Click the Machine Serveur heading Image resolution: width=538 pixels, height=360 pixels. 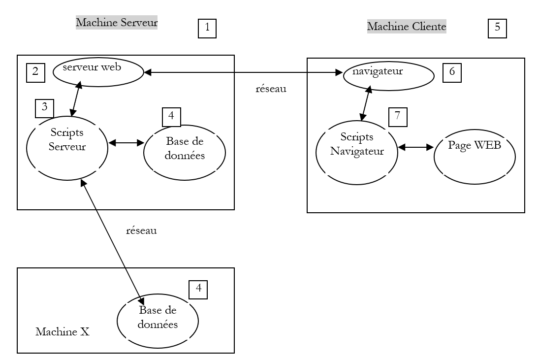tap(116, 23)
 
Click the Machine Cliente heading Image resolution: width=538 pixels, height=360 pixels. tap(407, 26)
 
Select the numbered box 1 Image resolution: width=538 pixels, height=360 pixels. tap(207, 28)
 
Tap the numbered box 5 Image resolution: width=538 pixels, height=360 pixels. tap(497, 28)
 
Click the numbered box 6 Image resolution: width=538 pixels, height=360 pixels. tap(452, 72)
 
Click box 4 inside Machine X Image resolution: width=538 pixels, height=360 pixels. tap(198, 289)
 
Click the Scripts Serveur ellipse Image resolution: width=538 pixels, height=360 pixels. tap(67, 147)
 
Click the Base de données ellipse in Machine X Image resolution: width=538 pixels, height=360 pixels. tap(158, 320)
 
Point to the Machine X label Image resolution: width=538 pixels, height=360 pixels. tap(62, 332)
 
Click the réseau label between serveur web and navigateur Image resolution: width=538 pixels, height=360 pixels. tap(271, 90)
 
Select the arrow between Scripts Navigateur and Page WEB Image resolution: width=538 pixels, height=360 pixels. tap(415, 147)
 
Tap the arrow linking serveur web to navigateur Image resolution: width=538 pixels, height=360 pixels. tap(243, 73)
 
